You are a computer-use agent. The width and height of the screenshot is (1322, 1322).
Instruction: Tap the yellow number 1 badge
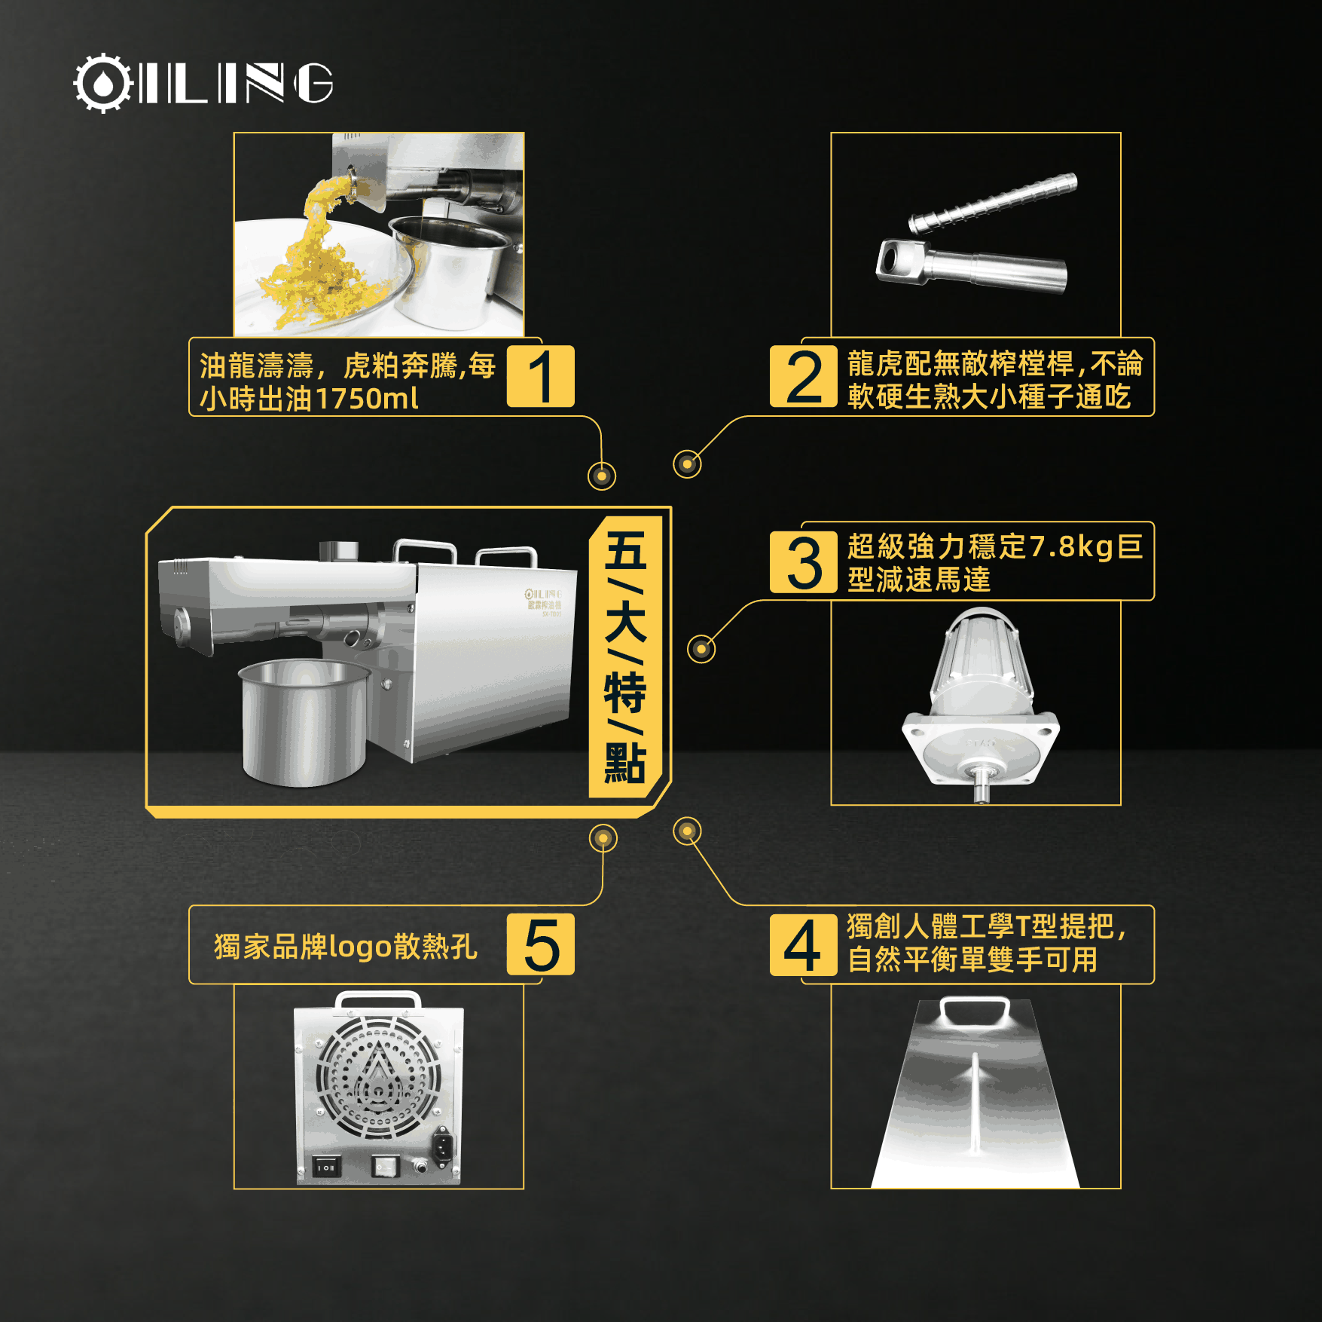coord(540,376)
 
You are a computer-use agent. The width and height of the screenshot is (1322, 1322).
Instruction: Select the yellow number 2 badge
coord(804,376)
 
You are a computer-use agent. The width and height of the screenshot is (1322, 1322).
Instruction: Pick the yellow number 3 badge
coord(804,562)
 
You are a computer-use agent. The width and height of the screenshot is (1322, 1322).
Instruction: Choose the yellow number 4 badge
coord(804,944)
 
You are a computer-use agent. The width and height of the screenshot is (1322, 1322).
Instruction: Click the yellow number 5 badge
coord(540,944)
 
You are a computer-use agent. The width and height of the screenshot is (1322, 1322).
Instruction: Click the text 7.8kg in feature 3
coord(1070,546)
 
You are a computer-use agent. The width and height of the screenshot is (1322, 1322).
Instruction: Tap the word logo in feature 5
coord(361,947)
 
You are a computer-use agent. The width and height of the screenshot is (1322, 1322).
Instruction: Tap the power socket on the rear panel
coord(442,1147)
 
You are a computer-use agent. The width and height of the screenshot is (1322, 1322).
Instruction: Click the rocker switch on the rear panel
coord(325,1167)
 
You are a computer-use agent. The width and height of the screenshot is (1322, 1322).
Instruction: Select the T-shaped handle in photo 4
coord(975,1011)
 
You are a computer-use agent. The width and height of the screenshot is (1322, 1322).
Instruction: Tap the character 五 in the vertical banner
coord(625,551)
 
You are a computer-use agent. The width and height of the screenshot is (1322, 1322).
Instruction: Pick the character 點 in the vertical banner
coord(625,763)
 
